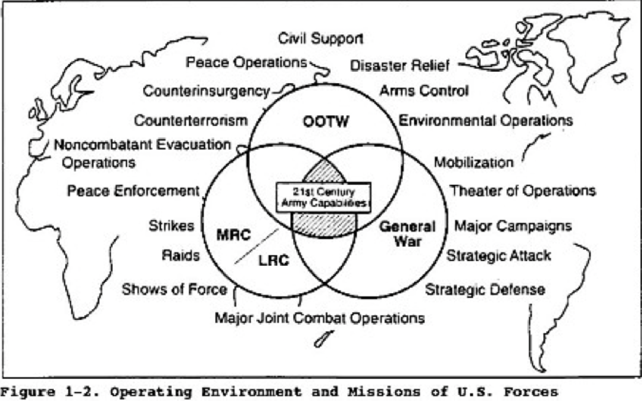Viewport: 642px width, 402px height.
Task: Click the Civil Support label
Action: pos(320,39)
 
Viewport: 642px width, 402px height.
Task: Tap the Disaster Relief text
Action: pos(399,66)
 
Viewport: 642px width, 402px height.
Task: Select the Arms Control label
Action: pos(424,91)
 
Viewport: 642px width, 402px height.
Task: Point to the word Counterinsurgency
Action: pos(207,91)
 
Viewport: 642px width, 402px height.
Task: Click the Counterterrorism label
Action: pos(191,120)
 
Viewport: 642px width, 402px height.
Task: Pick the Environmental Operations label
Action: pos(486,120)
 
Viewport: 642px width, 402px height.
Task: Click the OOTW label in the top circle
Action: pos(326,121)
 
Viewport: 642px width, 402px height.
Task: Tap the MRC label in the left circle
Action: pos(233,235)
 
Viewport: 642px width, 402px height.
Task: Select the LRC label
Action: pos(274,261)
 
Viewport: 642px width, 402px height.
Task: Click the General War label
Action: pos(407,234)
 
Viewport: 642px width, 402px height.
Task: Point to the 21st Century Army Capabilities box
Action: pos(324,198)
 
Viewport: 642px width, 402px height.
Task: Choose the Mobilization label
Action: pos(473,162)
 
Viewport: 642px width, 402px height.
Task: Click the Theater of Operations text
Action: pos(522,191)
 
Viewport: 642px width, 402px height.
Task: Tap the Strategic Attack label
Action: pos(498,255)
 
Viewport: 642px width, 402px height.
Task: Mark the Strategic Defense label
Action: pos(485,290)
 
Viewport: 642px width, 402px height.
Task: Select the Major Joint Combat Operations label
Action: pos(320,318)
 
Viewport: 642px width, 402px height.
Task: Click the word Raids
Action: pos(180,255)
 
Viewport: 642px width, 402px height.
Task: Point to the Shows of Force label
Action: pos(174,289)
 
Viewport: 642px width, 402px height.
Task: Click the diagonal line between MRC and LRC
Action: pos(257,246)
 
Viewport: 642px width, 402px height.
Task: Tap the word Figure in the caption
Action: pos(28,392)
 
